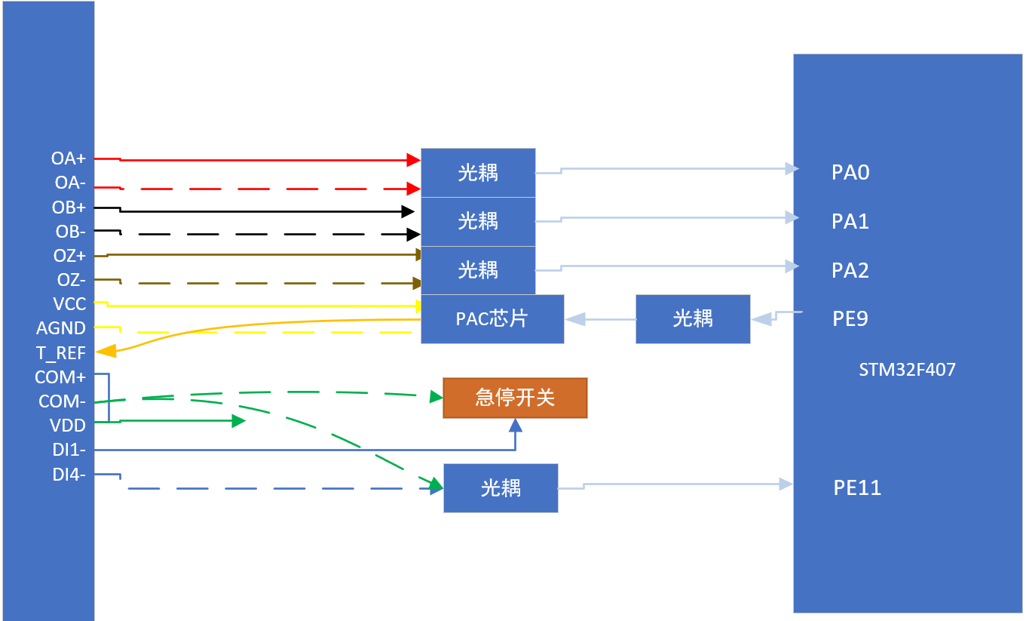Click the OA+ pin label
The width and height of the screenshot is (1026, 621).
pyautogui.click(x=69, y=158)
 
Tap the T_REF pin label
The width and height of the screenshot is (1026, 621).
pyautogui.click(x=61, y=352)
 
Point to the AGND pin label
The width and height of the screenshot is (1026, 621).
pyautogui.click(x=61, y=328)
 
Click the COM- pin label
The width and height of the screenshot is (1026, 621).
pyautogui.click(x=62, y=401)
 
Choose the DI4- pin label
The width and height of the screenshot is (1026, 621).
pyautogui.click(x=69, y=475)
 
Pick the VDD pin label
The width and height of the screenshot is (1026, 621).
pyautogui.click(x=68, y=426)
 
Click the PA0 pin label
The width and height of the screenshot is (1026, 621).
pyautogui.click(x=850, y=173)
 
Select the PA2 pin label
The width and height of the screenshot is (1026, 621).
pyautogui.click(x=850, y=270)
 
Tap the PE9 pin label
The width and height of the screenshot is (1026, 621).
pyautogui.click(x=850, y=318)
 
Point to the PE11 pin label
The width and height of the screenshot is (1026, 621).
pyautogui.click(x=857, y=487)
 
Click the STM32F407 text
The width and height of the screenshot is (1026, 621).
pyautogui.click(x=907, y=370)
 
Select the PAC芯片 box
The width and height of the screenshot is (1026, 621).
pyautogui.click(x=492, y=318)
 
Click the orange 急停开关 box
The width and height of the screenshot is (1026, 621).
pyautogui.click(x=515, y=398)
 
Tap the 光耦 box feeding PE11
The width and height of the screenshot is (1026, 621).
pyautogui.click(x=501, y=488)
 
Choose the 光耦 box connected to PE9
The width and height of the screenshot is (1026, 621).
pyautogui.click(x=693, y=318)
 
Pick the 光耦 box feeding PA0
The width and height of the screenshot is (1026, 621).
pyautogui.click(x=478, y=173)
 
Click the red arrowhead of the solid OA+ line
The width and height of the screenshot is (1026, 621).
pyautogui.click(x=413, y=160)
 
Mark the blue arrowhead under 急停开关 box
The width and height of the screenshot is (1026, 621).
pyautogui.click(x=516, y=425)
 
